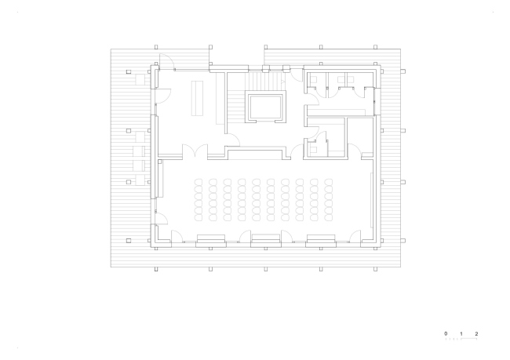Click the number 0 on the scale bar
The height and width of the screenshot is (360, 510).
[x=446, y=333]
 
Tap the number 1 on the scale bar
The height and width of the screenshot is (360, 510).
[x=461, y=333]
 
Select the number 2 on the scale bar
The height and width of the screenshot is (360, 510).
[x=476, y=333]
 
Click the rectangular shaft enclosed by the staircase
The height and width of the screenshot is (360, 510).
[x=265, y=107]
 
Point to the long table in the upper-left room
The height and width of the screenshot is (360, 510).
[x=197, y=98]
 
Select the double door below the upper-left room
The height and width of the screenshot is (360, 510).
[x=195, y=151]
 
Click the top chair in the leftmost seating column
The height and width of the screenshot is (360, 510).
[x=199, y=182]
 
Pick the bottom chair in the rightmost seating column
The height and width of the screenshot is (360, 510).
[x=329, y=217]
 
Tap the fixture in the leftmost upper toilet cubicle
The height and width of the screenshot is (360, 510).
[x=314, y=79]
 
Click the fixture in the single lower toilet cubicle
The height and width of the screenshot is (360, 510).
[x=313, y=150]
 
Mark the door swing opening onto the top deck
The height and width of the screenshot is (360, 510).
[x=166, y=61]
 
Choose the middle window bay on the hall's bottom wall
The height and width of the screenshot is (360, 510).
[x=266, y=241]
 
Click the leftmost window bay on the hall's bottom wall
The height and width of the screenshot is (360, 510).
[x=211, y=241]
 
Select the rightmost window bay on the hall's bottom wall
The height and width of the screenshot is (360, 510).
[x=321, y=241]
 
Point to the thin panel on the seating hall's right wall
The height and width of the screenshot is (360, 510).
[x=371, y=200]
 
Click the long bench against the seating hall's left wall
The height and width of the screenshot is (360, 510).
[x=160, y=178]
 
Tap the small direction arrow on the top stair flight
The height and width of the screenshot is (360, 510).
[x=283, y=82]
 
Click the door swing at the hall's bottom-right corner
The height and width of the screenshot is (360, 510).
[x=355, y=236]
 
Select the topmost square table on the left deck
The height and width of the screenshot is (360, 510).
[x=140, y=79]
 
